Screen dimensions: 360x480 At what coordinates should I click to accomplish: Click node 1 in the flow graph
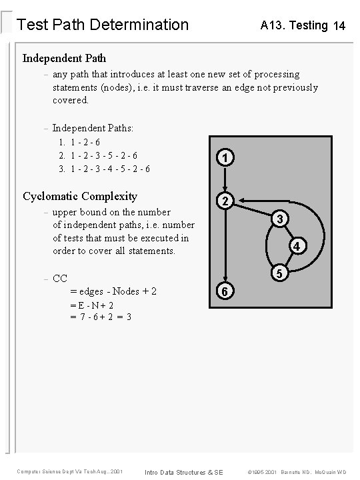(x=226, y=159)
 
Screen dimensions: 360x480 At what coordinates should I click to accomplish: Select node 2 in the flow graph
(x=226, y=201)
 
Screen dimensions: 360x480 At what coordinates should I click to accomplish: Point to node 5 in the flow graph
(x=281, y=274)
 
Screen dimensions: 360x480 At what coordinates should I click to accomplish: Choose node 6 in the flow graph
(x=226, y=291)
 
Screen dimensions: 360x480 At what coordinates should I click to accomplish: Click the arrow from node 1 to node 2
(x=226, y=179)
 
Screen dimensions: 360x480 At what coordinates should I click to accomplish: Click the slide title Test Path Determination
(x=102, y=25)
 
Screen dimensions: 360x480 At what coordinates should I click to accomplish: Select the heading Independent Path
(x=64, y=58)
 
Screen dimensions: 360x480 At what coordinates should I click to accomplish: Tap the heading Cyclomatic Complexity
(x=80, y=196)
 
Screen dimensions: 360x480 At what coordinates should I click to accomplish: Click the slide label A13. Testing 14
(x=303, y=26)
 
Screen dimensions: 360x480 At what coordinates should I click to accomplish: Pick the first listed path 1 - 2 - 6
(x=85, y=142)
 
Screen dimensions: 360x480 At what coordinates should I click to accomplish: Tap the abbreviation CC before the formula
(x=60, y=278)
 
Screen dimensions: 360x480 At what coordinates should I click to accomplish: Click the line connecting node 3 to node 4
(x=291, y=233)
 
